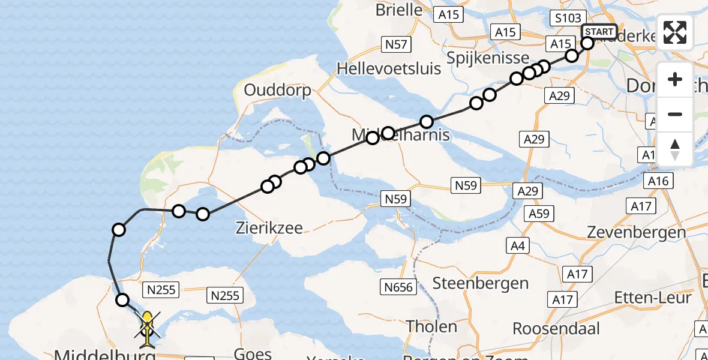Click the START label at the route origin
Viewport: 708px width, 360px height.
pos(599,32)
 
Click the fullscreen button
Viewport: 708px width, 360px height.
pos(675,32)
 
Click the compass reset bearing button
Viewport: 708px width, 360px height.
pos(675,149)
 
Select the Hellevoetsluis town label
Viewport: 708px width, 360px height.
pos(389,68)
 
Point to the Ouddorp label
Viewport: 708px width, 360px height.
pos(278,91)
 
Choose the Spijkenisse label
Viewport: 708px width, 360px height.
pos(489,58)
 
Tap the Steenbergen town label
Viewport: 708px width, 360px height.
pos(481,283)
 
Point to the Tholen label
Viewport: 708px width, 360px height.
pos(431,327)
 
